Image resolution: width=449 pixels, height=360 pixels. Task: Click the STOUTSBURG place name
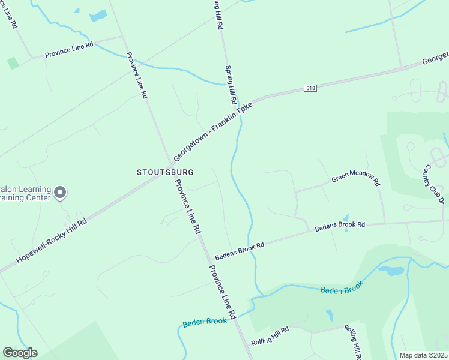[x=165, y=172]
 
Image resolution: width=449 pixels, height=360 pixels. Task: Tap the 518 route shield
[x=310, y=88]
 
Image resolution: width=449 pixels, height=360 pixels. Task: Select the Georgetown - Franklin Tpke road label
[x=214, y=130]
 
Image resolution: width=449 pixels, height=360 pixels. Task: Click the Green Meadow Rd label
[x=356, y=178]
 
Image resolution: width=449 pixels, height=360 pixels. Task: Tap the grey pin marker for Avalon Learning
[x=59, y=193]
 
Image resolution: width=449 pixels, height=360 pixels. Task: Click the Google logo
[x=20, y=353]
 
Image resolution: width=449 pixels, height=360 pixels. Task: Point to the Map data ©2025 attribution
[x=423, y=355]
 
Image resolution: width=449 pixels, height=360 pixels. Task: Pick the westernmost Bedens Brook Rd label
[x=240, y=247]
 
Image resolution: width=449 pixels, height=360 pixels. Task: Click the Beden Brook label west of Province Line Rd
[x=205, y=322]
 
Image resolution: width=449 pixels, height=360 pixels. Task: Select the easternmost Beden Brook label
[x=342, y=290]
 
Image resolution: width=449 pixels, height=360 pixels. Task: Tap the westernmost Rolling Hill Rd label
[x=271, y=336]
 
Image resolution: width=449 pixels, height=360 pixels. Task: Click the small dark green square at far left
[x=12, y=63]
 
